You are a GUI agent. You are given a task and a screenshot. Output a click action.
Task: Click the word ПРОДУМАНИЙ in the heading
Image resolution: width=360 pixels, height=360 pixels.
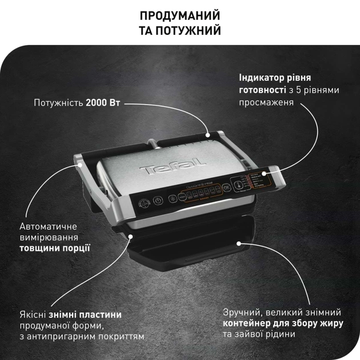[x=180, y=15]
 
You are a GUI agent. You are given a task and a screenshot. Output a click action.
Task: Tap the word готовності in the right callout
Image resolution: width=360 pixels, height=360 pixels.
[x=262, y=90]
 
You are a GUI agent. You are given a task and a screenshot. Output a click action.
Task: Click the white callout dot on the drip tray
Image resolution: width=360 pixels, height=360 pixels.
[x=240, y=242]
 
